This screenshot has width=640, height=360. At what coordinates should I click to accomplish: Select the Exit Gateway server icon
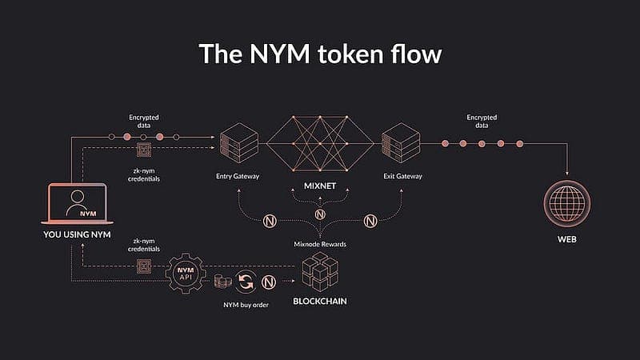397,143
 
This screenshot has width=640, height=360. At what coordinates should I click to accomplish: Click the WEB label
568,239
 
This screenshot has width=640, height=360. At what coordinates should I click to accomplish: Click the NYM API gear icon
188,274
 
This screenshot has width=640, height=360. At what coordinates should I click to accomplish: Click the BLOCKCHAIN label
320,302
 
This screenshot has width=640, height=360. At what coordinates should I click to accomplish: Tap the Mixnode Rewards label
319,243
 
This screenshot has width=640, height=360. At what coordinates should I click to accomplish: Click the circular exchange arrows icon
246,281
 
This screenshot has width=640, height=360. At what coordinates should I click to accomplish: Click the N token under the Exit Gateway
370,220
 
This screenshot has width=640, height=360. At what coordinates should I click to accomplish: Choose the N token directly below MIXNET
320,214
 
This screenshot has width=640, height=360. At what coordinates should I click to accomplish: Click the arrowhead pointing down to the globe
568,174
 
